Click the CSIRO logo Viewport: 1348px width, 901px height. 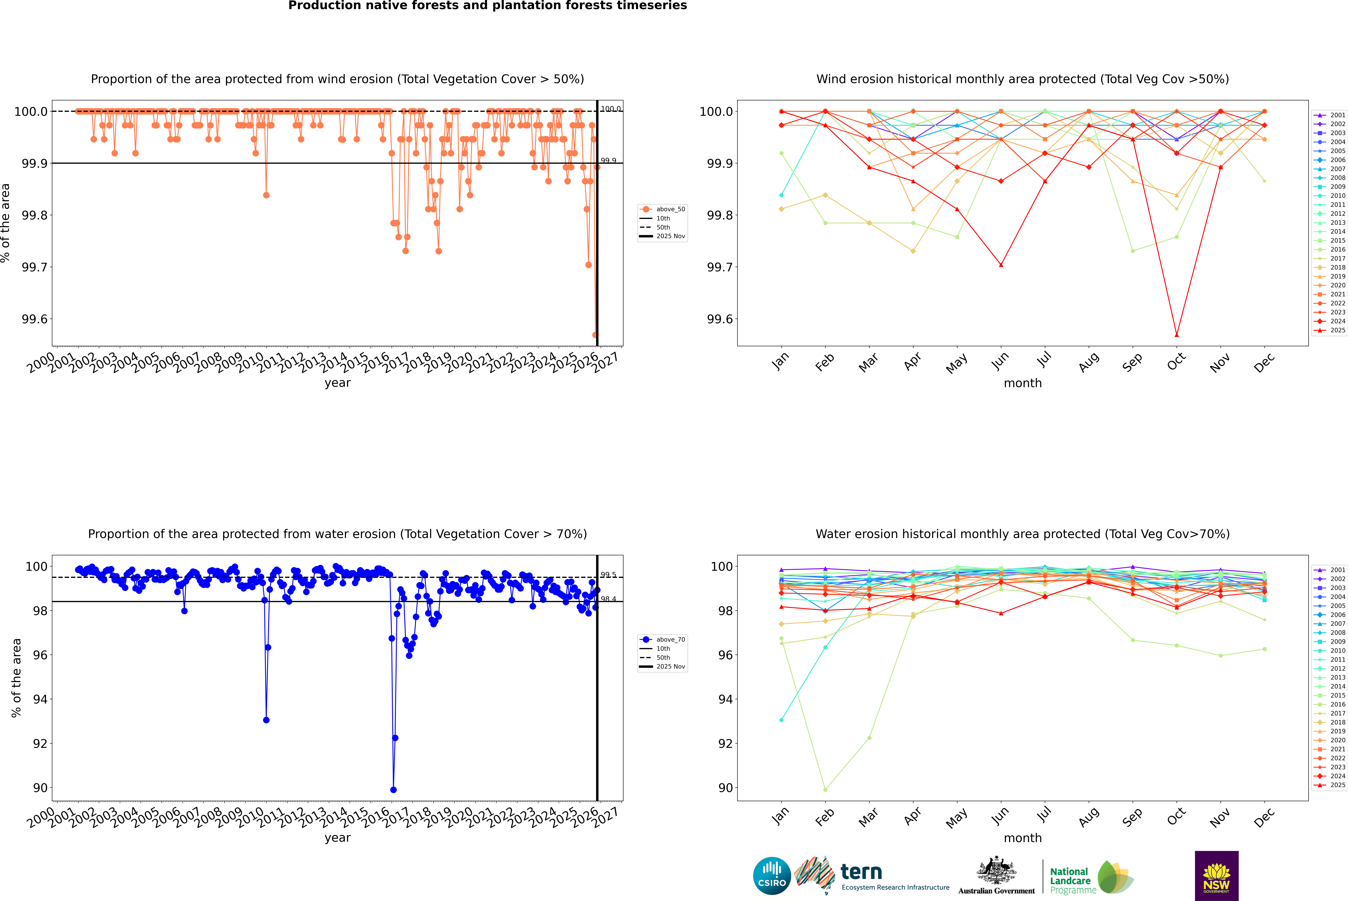tap(772, 876)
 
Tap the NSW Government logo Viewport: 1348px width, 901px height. tap(1216, 876)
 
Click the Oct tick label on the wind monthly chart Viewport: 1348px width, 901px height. tap(1176, 362)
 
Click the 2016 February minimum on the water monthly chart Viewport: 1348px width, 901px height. tap(825, 789)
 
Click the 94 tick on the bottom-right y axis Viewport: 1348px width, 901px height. tap(725, 699)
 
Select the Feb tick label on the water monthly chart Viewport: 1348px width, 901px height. tap(824, 817)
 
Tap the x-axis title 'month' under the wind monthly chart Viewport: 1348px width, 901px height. tap(1022, 383)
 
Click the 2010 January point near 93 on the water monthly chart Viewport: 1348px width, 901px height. tap(781, 720)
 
